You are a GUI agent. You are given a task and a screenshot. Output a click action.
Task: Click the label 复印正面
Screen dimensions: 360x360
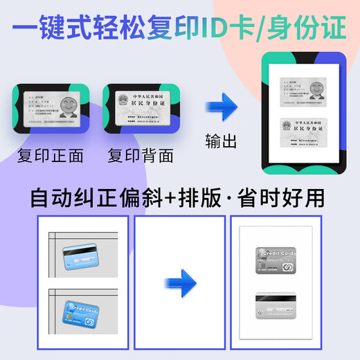pyautogui.click(x=50, y=156)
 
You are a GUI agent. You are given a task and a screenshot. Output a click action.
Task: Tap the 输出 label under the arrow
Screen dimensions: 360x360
pyautogui.click(x=222, y=141)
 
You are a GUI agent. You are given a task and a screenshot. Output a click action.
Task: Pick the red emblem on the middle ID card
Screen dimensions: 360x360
pyautogui.click(x=125, y=99)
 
